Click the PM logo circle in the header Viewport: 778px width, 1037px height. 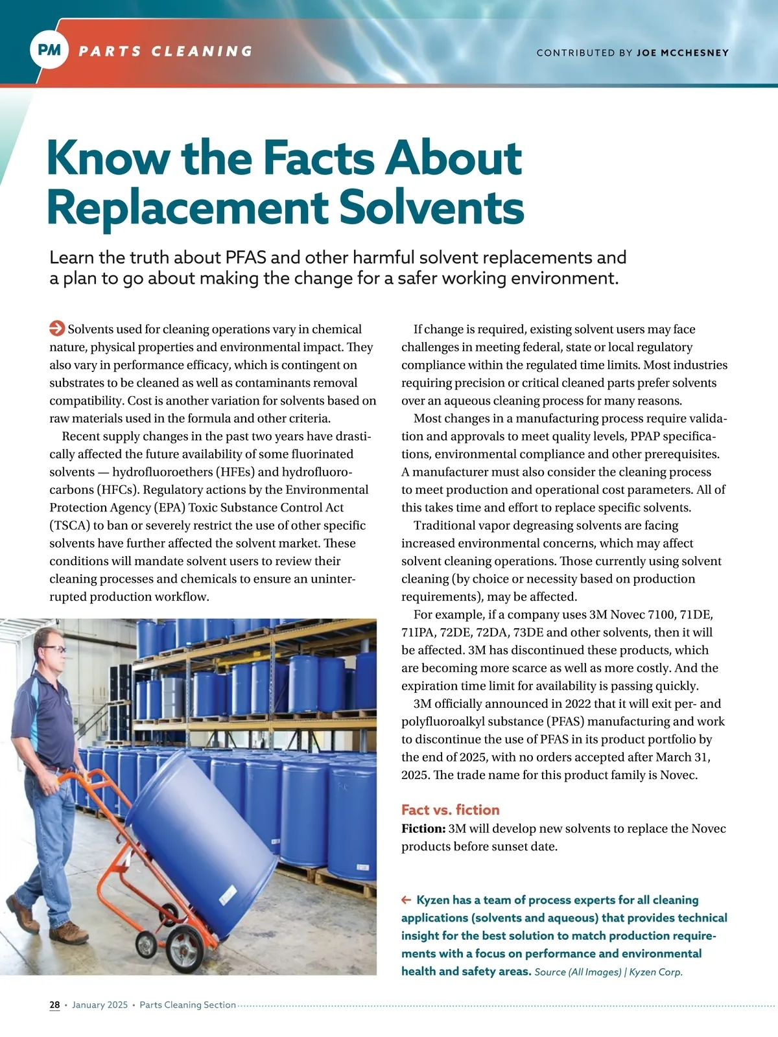pos(49,49)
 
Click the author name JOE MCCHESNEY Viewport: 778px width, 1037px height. pos(682,52)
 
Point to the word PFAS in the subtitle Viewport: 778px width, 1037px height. pos(246,257)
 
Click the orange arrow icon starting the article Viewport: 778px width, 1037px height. pos(57,329)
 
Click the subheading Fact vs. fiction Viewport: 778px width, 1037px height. pos(450,810)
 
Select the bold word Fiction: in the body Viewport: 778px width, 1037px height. pos(423,828)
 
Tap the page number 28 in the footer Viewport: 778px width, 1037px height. pos(54,1005)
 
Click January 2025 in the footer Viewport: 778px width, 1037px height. pos(100,1005)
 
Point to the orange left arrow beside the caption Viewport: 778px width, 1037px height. pos(407,900)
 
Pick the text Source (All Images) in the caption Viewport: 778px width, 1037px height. pos(577,972)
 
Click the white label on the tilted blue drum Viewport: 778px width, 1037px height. pos(228,898)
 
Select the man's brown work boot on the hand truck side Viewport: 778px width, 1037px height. pos(68,933)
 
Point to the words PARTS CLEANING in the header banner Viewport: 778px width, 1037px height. pos(165,51)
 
